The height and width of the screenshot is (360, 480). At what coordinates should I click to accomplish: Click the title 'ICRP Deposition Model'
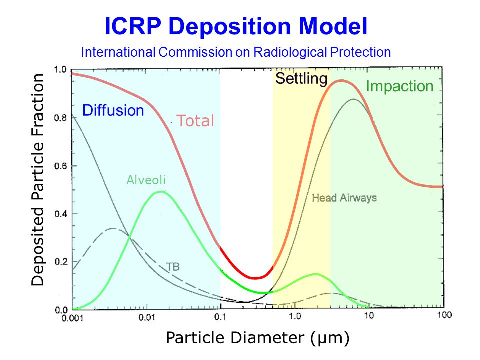point(236,27)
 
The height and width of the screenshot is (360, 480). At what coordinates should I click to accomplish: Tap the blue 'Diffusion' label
point(113,110)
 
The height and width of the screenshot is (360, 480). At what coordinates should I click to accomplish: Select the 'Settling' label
point(301,78)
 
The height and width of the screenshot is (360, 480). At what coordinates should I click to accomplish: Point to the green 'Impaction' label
point(399,86)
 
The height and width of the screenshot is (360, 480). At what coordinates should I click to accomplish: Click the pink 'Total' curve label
point(195,121)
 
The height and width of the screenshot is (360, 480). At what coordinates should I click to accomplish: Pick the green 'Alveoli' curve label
point(146,180)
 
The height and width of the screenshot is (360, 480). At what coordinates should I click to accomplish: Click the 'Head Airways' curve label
point(344,198)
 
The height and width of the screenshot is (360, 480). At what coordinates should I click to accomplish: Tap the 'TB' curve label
point(173,266)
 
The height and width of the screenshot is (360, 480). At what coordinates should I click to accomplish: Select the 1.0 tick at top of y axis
point(60,70)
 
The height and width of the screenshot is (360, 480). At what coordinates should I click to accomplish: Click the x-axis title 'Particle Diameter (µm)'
point(258,338)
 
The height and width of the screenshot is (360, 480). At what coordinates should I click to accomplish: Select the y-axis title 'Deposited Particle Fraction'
point(38,180)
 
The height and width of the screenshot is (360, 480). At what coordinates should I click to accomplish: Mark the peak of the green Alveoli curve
point(160,192)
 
